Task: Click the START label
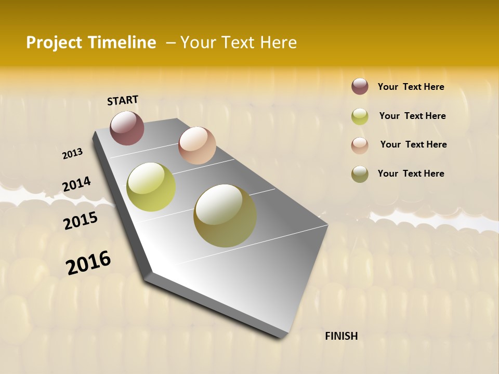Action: coord(123,100)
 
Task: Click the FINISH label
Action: coord(342,336)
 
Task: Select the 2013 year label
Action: coord(73,154)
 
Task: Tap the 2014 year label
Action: coord(76,184)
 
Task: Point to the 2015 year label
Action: coord(81,221)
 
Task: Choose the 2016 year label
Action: coord(88,263)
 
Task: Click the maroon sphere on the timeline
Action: coord(127,128)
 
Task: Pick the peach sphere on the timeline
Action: coord(197,145)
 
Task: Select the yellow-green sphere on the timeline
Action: coord(151,187)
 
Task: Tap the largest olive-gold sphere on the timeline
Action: coord(225,216)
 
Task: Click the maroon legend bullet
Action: coord(360,86)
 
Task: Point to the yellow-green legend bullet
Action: coord(360,116)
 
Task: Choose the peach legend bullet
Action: coord(360,145)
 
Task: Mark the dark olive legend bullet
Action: coord(360,174)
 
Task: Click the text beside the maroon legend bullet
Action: coord(411,87)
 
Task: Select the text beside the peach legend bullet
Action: coord(413,144)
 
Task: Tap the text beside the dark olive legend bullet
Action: coord(411,173)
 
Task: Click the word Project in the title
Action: coord(54,43)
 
